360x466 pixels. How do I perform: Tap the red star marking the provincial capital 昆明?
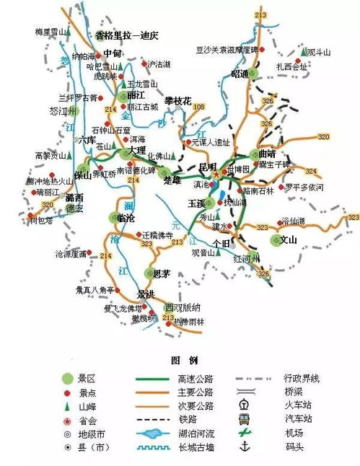tap(214, 174)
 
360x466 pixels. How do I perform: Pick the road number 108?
tap(199, 107)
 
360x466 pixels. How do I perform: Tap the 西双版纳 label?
tap(180, 306)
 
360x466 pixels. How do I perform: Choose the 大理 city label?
tap(136, 150)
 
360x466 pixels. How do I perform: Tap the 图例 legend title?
tap(180, 359)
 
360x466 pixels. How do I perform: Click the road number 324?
tap(311, 171)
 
